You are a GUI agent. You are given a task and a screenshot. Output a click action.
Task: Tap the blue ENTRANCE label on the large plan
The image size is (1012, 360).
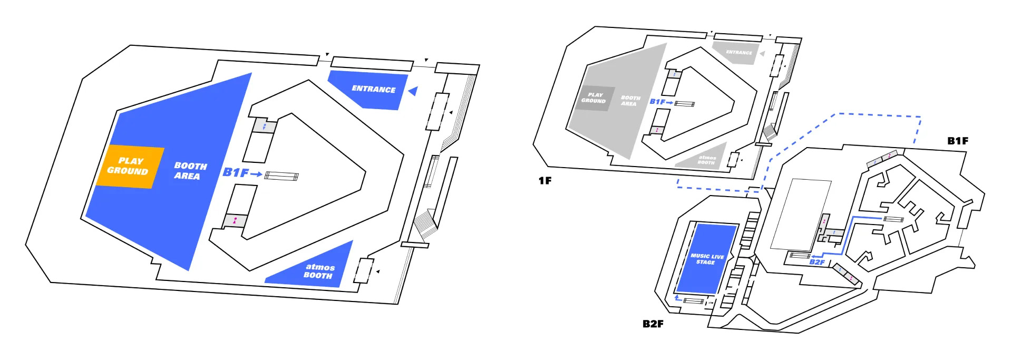[x=374, y=89]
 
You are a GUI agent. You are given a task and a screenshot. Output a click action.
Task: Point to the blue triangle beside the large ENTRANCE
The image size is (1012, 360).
[x=413, y=91]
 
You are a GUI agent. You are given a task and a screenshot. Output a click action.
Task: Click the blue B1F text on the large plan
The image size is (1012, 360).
[x=236, y=172]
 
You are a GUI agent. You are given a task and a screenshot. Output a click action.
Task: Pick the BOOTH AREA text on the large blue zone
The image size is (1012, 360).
[x=190, y=171]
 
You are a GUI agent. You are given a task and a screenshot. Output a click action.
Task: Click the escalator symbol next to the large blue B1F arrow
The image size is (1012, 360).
[x=281, y=176]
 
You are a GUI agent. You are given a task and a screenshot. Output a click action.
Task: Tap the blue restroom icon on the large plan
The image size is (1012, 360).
[x=264, y=127]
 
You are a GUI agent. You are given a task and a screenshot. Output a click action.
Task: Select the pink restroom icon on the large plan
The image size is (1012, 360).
[x=235, y=220]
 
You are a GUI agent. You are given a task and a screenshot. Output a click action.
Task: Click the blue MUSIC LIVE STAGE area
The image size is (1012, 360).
[x=706, y=259]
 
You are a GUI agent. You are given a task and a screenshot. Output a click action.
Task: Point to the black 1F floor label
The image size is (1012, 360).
[x=545, y=181]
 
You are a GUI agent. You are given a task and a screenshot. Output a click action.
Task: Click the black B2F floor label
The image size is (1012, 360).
[x=653, y=324]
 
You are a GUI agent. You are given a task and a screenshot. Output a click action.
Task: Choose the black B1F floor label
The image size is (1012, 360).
[x=958, y=141]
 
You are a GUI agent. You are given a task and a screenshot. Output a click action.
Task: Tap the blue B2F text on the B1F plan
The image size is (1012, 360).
[x=817, y=262]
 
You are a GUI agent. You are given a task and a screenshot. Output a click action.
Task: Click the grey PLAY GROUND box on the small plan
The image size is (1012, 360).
[x=594, y=98]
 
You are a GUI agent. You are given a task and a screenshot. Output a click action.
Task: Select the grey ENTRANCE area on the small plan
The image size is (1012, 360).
[x=736, y=53]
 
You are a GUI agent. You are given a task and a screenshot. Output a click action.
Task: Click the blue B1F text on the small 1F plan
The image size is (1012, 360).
[x=657, y=102]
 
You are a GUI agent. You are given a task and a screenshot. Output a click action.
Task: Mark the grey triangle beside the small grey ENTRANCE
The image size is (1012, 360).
[x=762, y=53]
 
